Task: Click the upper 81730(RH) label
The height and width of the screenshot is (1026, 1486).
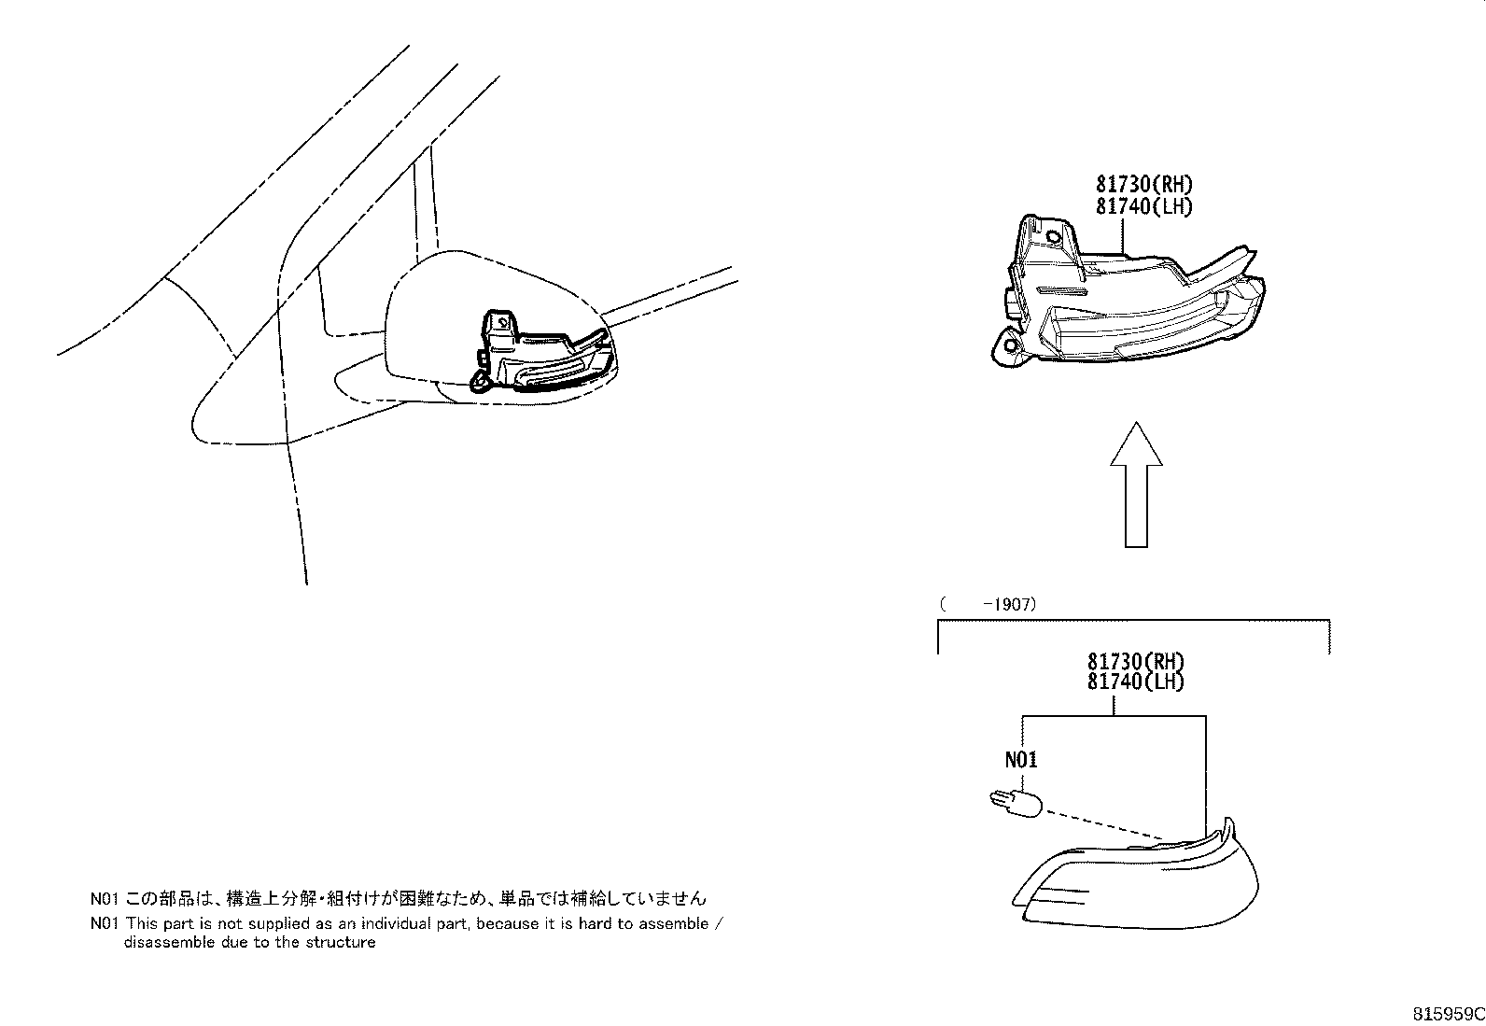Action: (1144, 185)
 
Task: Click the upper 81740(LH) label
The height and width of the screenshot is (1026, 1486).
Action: (1144, 206)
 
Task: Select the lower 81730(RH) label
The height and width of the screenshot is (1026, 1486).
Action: (1136, 661)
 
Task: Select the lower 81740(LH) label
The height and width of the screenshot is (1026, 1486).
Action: (1136, 682)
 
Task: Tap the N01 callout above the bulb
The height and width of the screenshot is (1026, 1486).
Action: (1021, 760)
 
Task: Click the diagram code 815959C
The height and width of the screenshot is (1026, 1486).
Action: (1447, 1014)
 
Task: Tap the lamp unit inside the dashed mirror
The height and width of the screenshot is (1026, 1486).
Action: (546, 355)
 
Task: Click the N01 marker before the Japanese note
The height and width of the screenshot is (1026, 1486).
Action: (104, 899)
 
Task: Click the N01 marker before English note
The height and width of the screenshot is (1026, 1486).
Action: (104, 923)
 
